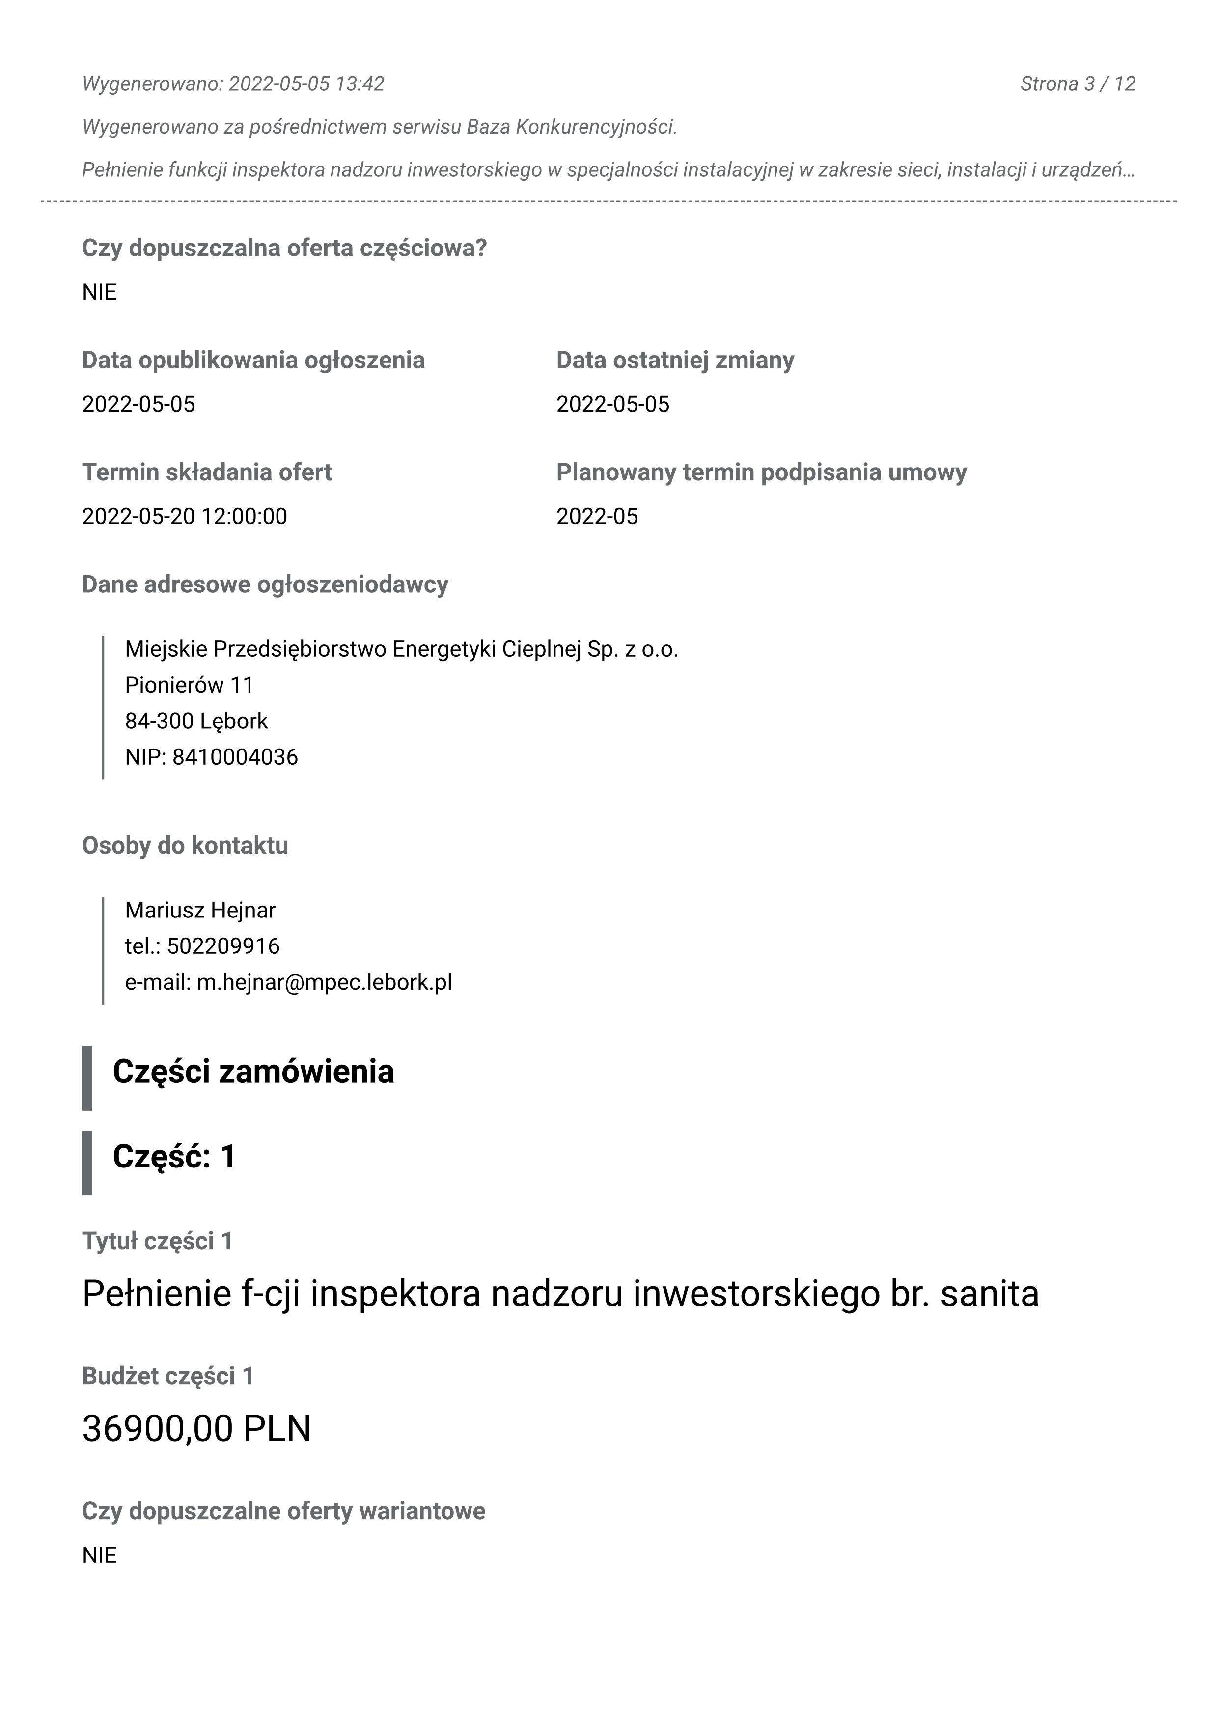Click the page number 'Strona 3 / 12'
[x=1077, y=83]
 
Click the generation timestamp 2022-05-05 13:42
[x=306, y=83]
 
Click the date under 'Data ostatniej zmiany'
[x=612, y=405]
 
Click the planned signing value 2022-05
[x=597, y=516]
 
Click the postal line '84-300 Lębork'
[x=196, y=721]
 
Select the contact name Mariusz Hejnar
[x=200, y=910]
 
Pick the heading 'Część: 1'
[x=174, y=1156]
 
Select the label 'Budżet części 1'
[x=168, y=1376]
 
